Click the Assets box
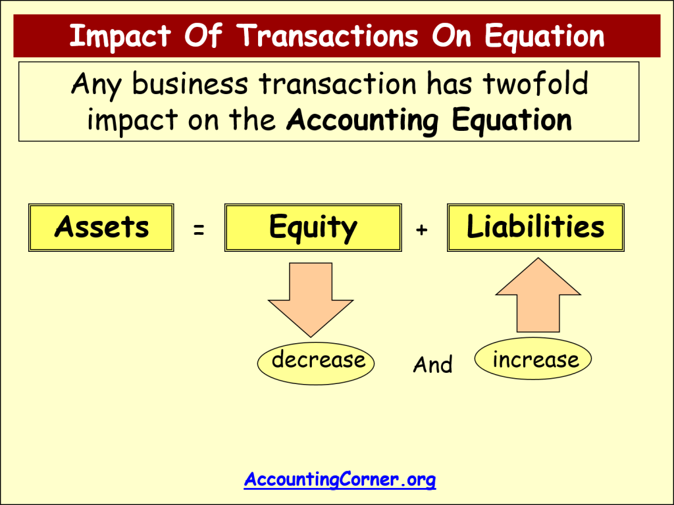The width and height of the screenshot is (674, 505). click(x=101, y=228)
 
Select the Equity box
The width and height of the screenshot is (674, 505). click(x=313, y=228)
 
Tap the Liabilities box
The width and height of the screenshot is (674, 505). click(x=535, y=228)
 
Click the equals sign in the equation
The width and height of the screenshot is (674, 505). click(x=199, y=229)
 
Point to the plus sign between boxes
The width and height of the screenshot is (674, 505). click(x=422, y=229)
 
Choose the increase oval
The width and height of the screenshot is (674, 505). click(x=532, y=360)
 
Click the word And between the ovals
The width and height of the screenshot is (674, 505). click(x=432, y=365)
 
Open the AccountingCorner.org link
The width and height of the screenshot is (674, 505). click(x=340, y=479)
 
